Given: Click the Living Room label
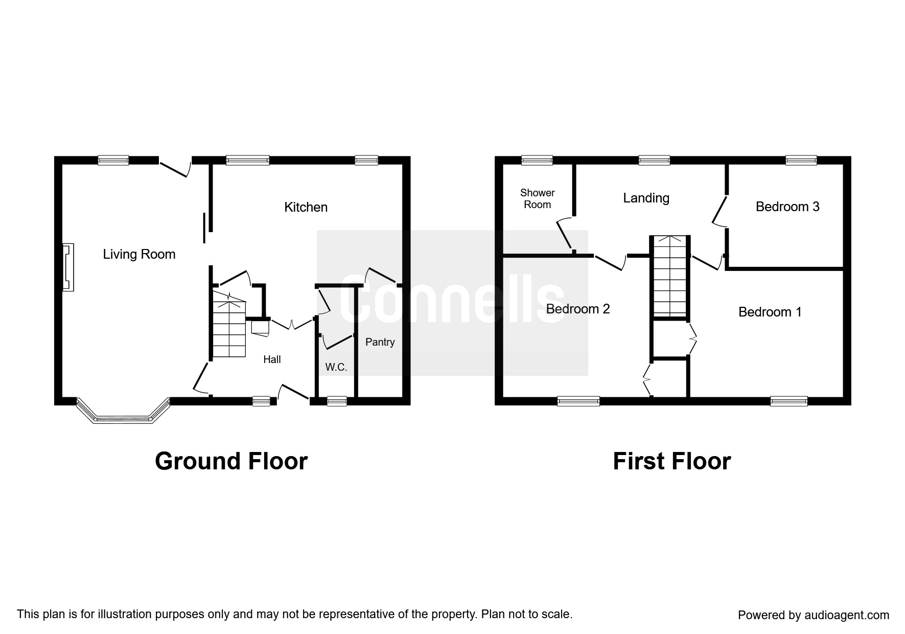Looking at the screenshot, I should [x=139, y=254].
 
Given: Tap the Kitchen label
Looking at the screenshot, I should [x=306, y=207].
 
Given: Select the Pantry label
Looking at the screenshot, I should [x=380, y=342].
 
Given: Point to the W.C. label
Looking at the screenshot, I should [x=336, y=367].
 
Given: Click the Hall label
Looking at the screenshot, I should [x=272, y=359].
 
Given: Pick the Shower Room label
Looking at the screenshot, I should [x=537, y=198].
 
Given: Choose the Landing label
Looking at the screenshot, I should [x=646, y=198].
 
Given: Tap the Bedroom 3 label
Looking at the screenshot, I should [x=787, y=207].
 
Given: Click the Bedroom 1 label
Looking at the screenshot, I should [x=770, y=312].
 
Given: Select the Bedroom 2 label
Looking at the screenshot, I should [x=578, y=309].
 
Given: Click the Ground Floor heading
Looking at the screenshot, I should [x=231, y=461].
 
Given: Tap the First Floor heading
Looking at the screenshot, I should [x=671, y=461].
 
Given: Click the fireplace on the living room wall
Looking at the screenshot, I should [x=68, y=267].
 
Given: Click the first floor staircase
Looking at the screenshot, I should [x=669, y=276].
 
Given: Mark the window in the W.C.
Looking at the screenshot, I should [x=336, y=401].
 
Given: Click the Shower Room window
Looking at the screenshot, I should [x=537, y=160].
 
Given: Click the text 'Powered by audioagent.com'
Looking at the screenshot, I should [x=813, y=615].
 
